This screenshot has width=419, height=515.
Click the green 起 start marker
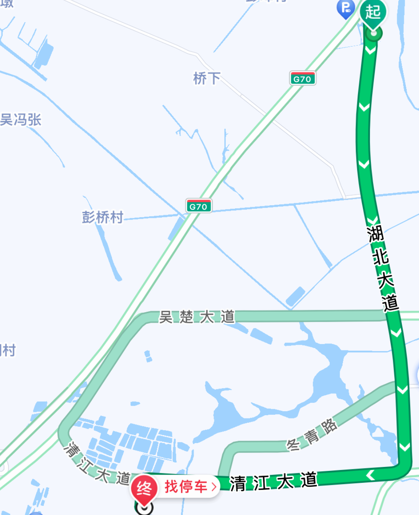373,12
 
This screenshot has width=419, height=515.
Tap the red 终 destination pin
144,488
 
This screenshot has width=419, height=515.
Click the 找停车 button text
186,486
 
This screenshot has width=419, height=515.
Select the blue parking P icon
345,8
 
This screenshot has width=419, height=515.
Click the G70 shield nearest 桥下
302,79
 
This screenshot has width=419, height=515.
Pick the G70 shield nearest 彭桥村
198,206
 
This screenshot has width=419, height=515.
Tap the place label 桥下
206,78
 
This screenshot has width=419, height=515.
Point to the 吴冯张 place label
21,120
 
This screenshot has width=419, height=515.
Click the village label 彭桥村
102,217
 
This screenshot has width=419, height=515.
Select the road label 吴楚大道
197,317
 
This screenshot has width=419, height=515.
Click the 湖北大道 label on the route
383,269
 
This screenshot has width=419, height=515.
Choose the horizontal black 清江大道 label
273,482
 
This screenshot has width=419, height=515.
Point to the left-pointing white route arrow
370,475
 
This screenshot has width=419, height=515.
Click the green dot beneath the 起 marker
373,34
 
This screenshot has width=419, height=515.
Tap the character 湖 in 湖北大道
375,234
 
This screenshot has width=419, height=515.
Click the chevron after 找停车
214,487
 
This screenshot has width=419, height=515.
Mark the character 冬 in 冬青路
293,444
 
